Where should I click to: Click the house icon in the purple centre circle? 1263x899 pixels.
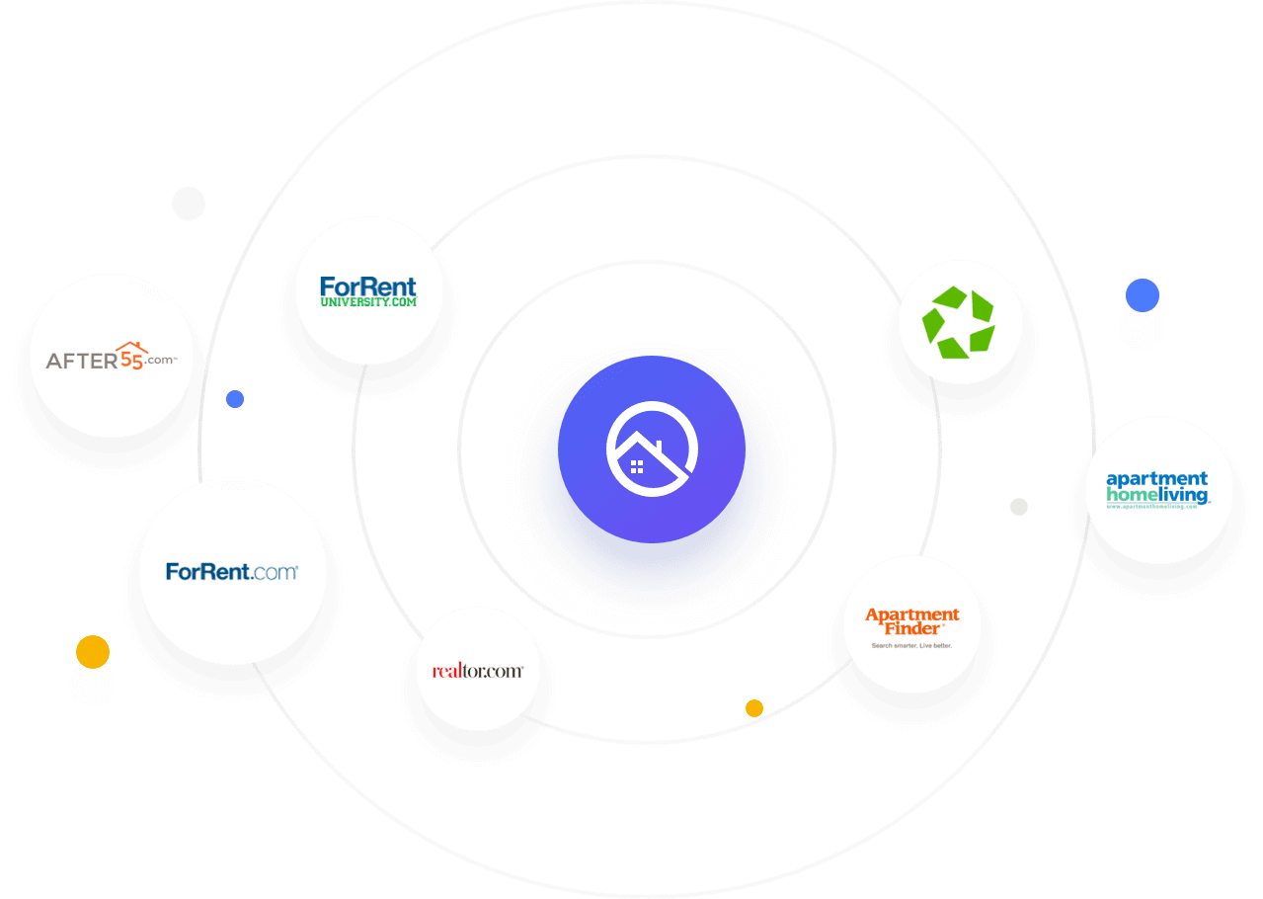(x=651, y=450)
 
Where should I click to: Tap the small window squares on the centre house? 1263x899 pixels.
(x=637, y=466)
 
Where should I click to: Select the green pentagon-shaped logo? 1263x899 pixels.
(x=957, y=322)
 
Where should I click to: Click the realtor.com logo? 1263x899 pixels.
(x=478, y=671)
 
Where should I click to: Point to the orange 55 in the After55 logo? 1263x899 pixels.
(x=130, y=360)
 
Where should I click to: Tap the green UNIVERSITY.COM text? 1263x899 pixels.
(x=368, y=301)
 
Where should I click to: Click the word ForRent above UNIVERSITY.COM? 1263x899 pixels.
(x=368, y=286)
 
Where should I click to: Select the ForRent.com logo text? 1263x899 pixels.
(x=232, y=571)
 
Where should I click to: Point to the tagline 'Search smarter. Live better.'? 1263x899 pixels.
(x=910, y=646)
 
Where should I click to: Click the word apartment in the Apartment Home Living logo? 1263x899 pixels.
(x=1156, y=480)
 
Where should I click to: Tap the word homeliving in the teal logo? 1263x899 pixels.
(x=1156, y=494)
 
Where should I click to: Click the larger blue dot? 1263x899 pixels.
(x=1142, y=295)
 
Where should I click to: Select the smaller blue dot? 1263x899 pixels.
(x=235, y=399)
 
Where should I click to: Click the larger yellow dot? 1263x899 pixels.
(x=93, y=652)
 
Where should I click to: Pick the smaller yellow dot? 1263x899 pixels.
(x=754, y=707)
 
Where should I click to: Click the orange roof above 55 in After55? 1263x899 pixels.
(x=131, y=347)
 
